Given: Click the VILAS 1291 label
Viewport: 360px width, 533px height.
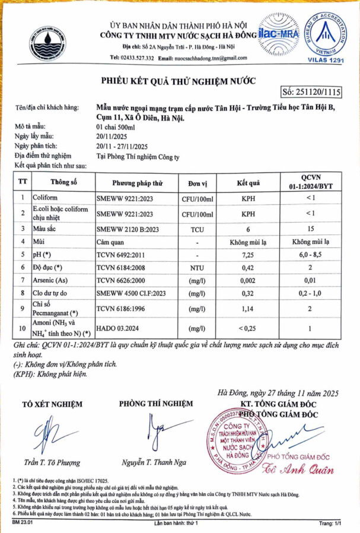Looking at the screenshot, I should point(327,61).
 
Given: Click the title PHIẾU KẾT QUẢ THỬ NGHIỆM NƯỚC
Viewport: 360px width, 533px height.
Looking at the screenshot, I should point(177,80).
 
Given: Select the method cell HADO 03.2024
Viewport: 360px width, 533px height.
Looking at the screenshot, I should point(119,328).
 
